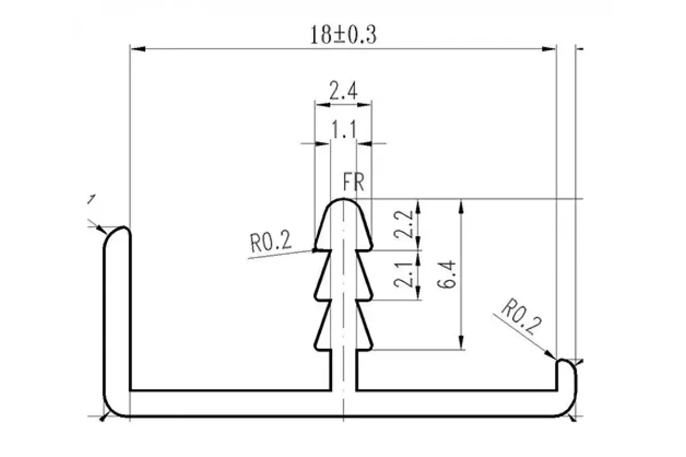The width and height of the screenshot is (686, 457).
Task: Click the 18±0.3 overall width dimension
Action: [344, 35]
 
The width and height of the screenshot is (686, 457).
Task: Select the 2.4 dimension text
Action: [344, 91]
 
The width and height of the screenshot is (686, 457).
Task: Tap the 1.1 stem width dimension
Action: [344, 130]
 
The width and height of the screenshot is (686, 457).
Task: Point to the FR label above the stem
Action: [354, 182]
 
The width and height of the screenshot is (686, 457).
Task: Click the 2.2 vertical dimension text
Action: [404, 224]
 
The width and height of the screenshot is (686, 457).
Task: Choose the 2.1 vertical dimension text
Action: [404, 275]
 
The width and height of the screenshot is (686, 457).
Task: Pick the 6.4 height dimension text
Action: [446, 274]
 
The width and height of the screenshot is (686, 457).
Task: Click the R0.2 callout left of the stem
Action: [271, 242]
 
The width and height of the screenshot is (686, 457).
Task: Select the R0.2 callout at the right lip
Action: [521, 317]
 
